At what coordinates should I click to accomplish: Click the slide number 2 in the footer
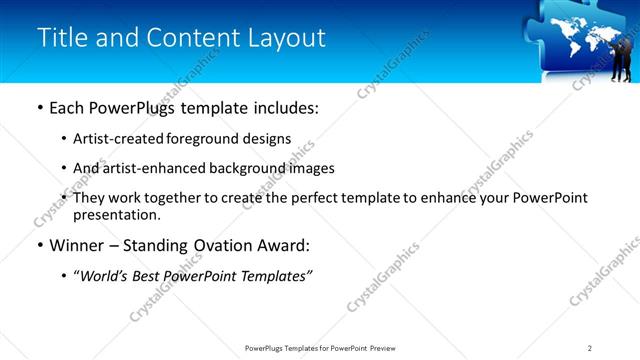(x=590, y=348)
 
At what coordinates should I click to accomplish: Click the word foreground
(x=200, y=140)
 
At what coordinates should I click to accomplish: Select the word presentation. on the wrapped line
(x=117, y=214)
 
